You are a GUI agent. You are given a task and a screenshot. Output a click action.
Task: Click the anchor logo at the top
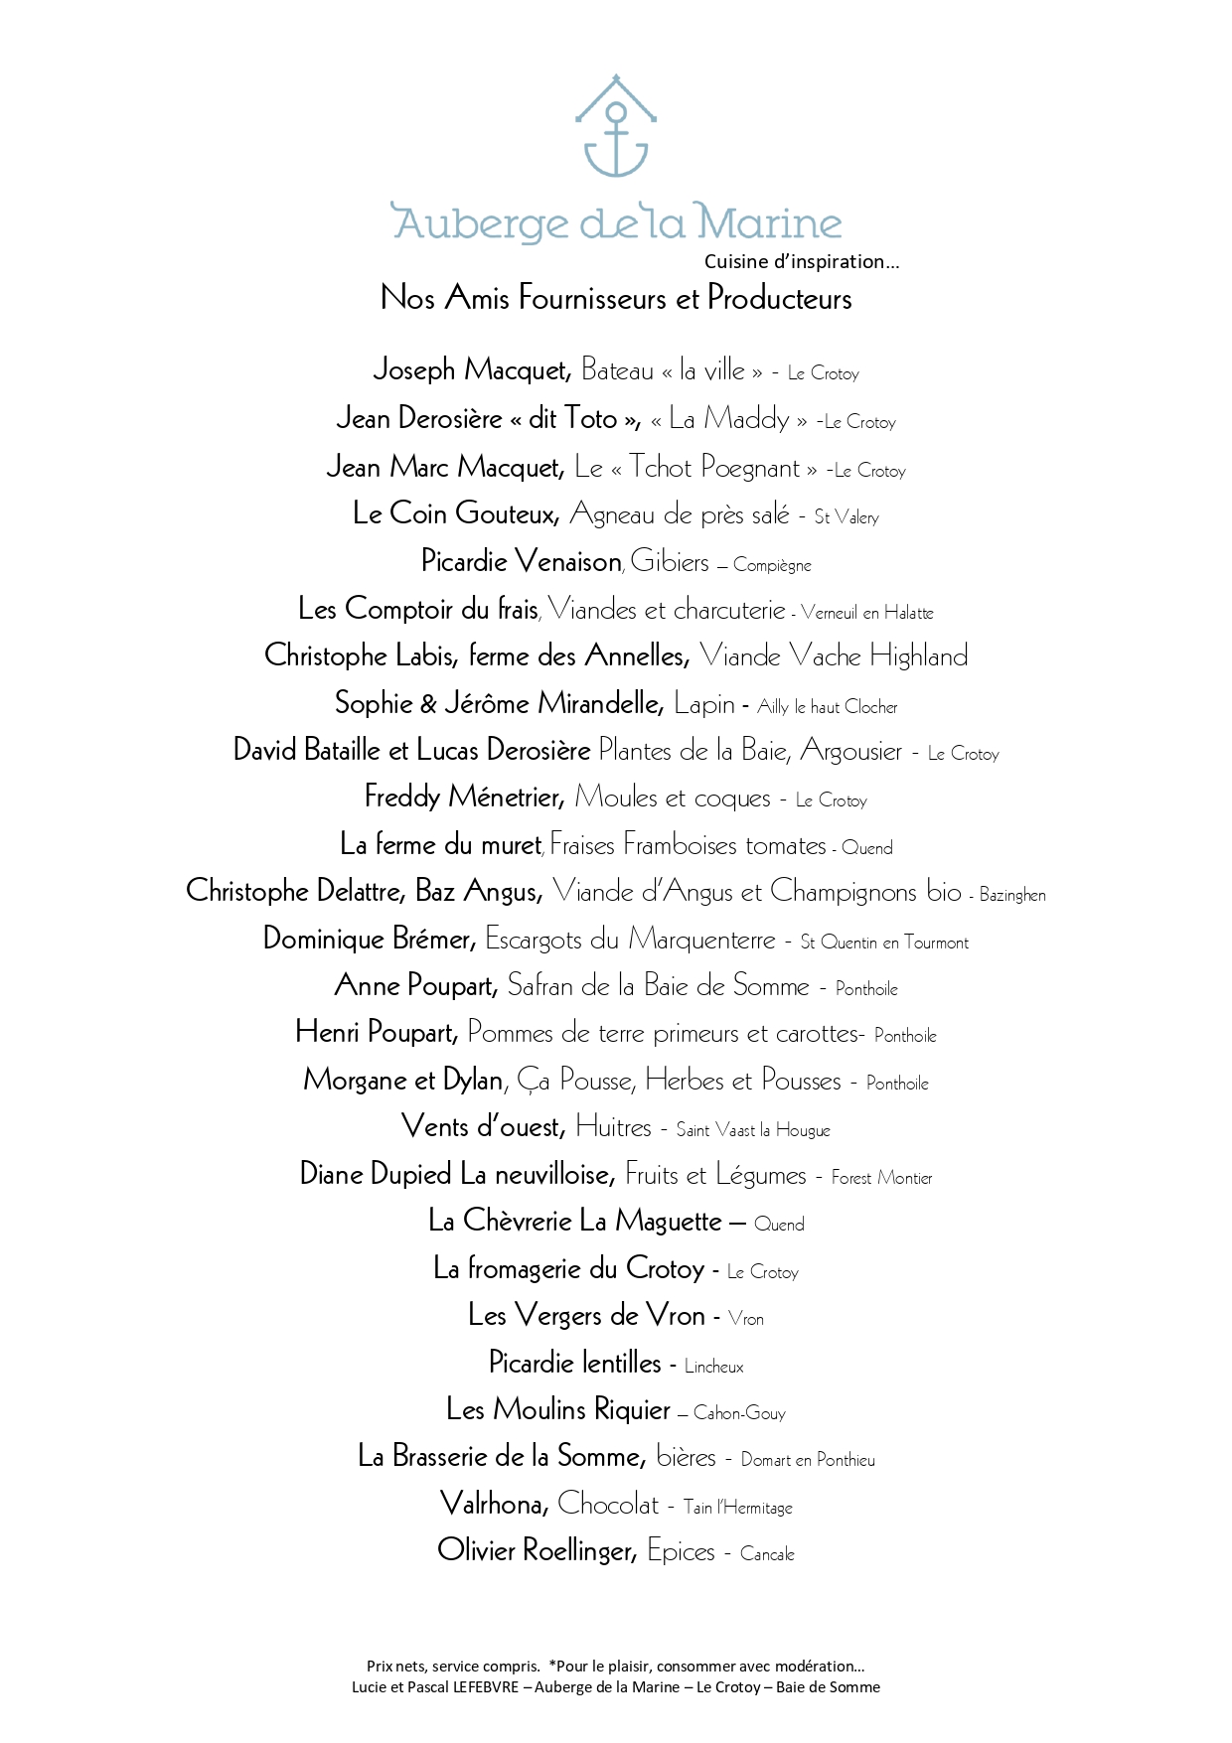616,127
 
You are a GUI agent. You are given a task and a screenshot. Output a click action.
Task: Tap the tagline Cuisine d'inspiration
801,262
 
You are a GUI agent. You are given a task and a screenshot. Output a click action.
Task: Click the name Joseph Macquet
472,370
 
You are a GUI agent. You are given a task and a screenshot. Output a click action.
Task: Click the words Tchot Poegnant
713,467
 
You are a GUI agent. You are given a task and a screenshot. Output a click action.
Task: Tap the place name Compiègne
772,565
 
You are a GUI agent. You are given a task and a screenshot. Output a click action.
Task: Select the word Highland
918,655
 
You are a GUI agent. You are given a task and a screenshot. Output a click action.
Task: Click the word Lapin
703,704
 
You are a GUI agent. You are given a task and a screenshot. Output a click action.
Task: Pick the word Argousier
851,751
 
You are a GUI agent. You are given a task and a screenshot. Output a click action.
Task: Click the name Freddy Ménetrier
464,798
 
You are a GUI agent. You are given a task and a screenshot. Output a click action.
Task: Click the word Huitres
613,1127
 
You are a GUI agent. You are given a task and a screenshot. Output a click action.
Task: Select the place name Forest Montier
881,1178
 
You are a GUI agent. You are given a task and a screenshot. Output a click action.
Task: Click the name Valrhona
494,1505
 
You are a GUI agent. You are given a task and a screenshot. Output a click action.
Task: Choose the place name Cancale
767,1553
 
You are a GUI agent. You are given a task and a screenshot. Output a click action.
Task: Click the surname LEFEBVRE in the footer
486,1686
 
